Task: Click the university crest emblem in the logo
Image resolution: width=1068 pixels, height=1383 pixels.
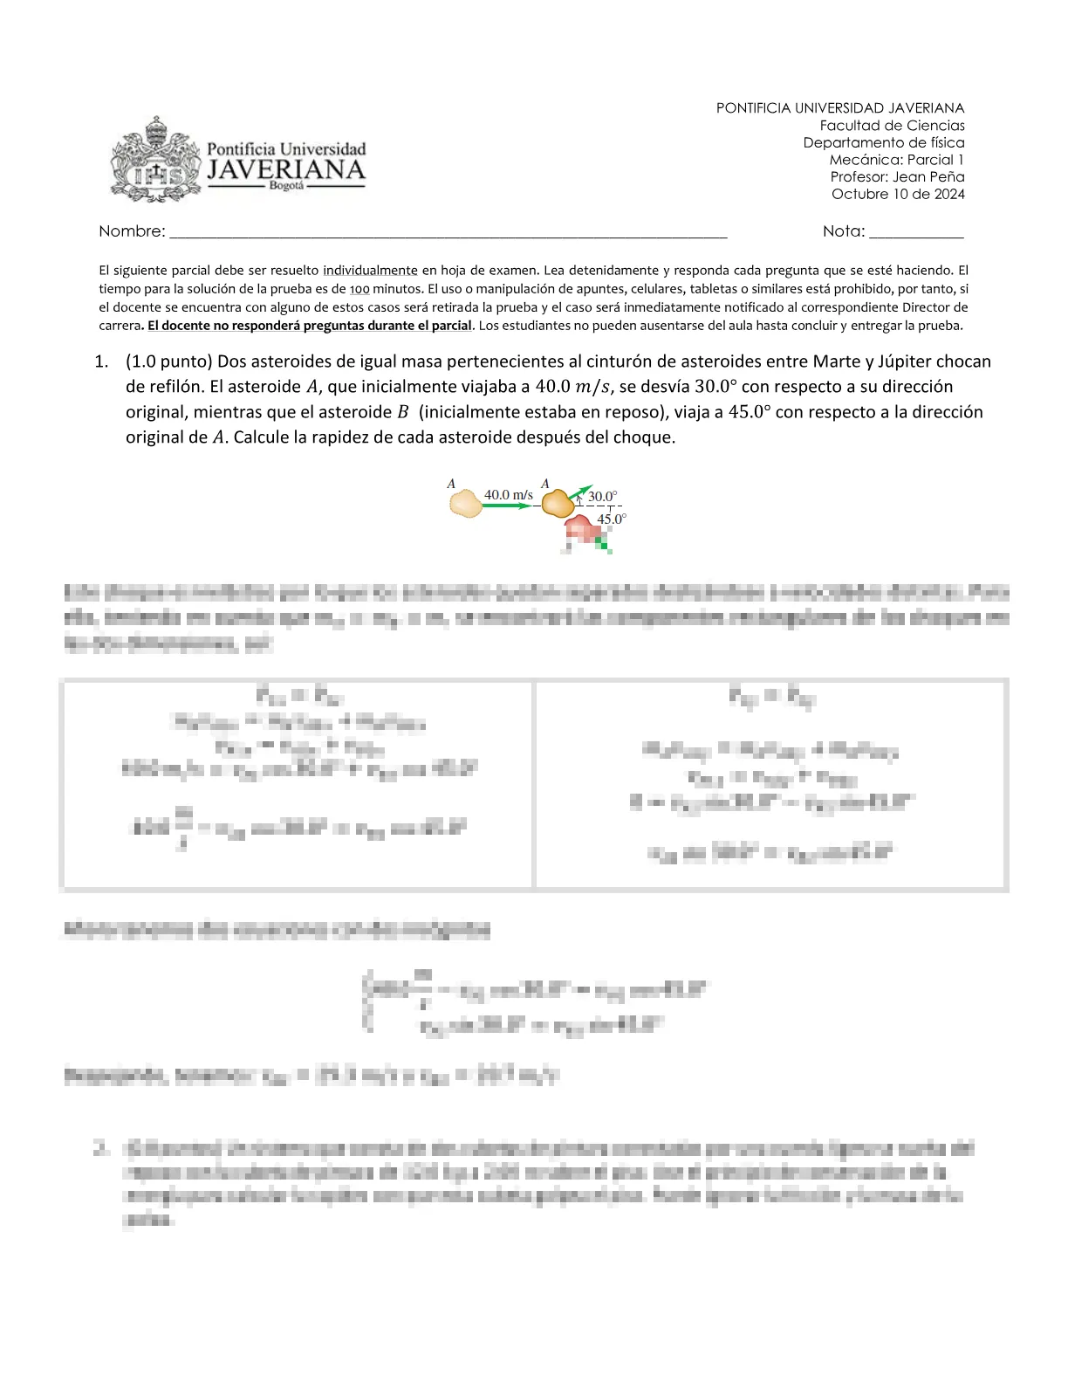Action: click(x=154, y=161)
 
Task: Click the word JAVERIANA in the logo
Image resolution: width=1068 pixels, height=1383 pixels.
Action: click(x=285, y=169)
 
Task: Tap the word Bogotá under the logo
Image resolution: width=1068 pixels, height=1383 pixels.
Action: click(x=286, y=186)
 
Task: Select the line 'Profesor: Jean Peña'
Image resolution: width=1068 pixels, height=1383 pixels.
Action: click(x=897, y=176)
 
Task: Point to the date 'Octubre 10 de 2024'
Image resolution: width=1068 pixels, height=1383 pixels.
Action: click(x=898, y=194)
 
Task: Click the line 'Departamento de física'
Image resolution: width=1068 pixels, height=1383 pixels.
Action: click(x=883, y=142)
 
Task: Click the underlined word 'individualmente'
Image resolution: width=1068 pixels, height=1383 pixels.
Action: click(x=370, y=271)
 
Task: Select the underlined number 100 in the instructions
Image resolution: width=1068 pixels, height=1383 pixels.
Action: click(x=359, y=289)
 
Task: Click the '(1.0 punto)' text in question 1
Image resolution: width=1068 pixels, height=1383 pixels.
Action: click(x=169, y=361)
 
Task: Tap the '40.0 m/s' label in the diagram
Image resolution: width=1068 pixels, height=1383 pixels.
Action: click(x=508, y=495)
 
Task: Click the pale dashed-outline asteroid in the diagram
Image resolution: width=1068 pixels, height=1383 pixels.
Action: click(x=466, y=504)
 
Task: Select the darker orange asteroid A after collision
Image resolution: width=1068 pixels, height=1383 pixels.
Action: click(x=558, y=503)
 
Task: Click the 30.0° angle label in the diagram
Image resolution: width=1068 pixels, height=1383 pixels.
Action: click(x=602, y=497)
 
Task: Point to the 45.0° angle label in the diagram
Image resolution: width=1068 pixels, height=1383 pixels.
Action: click(x=611, y=519)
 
